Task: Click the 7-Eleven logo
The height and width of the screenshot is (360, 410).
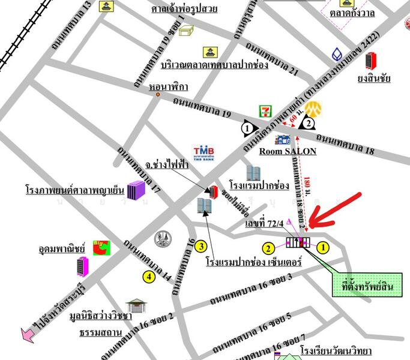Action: tap(265, 111)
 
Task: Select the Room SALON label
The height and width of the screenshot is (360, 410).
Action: tap(288, 151)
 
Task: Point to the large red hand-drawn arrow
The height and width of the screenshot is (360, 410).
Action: tap(337, 209)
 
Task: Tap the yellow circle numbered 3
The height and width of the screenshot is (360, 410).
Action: tap(202, 246)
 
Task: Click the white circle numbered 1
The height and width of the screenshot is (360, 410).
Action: tap(247, 127)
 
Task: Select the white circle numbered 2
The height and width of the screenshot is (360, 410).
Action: tap(308, 124)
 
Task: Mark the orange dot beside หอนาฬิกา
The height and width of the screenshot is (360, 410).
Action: tap(158, 94)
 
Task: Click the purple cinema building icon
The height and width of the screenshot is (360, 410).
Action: tap(136, 190)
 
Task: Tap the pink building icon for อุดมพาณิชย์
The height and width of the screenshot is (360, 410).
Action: tap(82, 265)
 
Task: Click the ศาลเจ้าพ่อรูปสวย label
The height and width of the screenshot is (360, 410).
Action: tap(184, 8)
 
